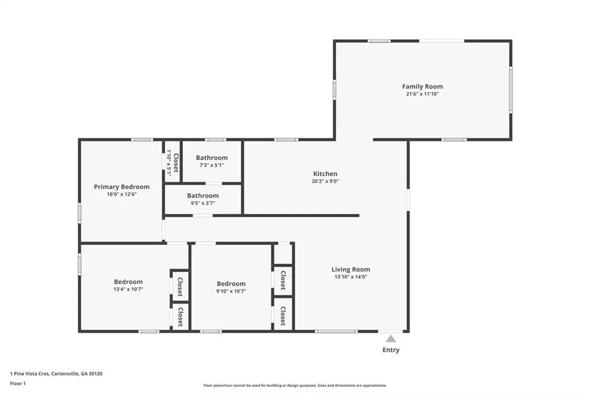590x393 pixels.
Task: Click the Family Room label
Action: coord(422,86)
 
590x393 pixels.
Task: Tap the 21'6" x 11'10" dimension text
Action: coord(422,94)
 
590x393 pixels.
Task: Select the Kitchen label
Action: coord(325,174)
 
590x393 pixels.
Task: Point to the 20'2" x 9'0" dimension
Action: coord(325,181)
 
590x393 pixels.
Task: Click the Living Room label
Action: coord(351,270)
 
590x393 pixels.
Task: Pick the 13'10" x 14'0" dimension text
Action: coord(351,277)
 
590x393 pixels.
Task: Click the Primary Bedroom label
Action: coord(122,187)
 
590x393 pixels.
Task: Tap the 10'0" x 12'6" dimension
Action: coord(122,195)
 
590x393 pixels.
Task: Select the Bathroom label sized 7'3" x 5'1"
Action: coord(211,158)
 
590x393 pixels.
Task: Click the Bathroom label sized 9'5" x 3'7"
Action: coord(203,196)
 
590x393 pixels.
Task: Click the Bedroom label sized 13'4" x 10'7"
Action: coord(128,282)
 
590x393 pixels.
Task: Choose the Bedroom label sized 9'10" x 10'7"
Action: coord(231,284)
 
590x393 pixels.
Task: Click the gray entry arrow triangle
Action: coord(391,339)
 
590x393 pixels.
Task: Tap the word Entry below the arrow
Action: coord(391,350)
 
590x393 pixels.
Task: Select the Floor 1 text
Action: coord(18,384)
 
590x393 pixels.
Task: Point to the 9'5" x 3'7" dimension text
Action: coord(203,203)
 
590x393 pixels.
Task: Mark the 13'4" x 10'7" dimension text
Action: coord(128,289)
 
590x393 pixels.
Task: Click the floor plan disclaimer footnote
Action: coord(295,386)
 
